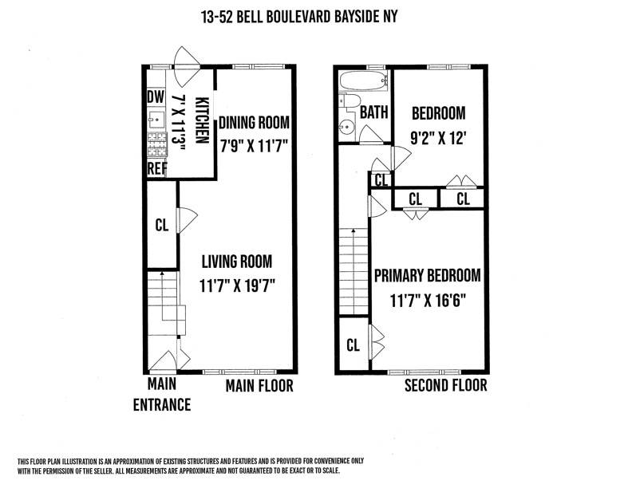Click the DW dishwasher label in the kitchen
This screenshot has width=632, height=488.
[156, 97]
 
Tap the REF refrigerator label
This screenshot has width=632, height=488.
[156, 168]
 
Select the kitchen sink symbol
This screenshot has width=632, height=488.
[156, 119]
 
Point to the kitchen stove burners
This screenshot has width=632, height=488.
[157, 144]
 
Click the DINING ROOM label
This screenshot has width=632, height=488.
[254, 123]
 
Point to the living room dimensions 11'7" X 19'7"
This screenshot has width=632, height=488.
[238, 286]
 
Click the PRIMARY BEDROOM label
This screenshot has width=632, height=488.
[428, 276]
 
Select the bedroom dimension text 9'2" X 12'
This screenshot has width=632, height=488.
[439, 139]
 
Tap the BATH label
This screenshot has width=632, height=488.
[374, 112]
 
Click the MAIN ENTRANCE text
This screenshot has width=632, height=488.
[162, 394]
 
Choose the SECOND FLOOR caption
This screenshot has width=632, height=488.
[446, 385]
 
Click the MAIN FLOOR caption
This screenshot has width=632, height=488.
[259, 386]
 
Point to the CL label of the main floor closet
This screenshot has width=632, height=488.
[162, 225]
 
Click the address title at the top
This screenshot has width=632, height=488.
[299, 17]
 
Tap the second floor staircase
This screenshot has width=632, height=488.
[354, 271]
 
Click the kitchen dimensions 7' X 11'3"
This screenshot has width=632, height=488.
[178, 124]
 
